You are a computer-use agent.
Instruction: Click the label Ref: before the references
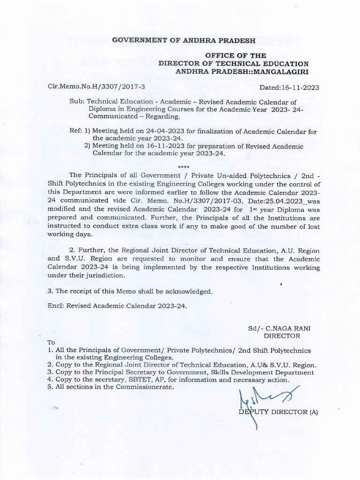point(76,131)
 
